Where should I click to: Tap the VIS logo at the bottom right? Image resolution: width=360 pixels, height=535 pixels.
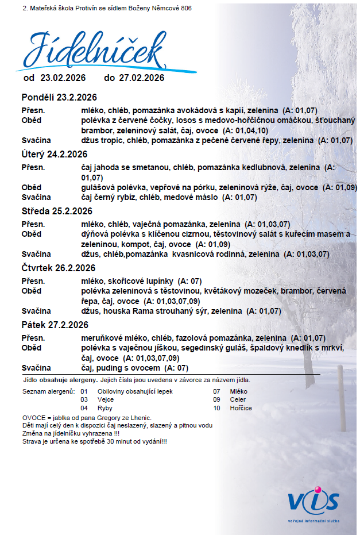313,502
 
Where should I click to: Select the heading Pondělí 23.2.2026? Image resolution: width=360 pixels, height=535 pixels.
59,97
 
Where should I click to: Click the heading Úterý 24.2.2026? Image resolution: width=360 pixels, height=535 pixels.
55,154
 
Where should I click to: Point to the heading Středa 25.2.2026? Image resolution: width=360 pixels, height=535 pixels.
57,211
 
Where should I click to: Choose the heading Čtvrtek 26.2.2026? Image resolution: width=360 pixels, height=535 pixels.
58,268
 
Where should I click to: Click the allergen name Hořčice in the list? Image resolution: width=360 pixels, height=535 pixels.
240,408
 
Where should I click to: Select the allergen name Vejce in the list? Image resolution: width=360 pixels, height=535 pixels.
106,399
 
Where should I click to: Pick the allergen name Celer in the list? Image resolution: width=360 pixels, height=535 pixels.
237,399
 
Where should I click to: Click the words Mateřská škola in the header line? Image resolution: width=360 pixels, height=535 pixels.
53,8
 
